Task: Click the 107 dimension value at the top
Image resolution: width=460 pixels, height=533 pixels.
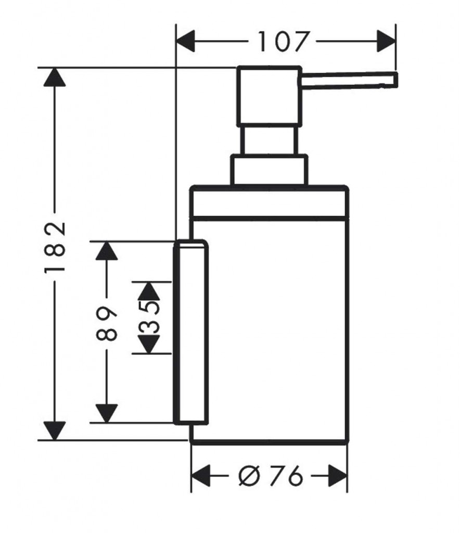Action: click(284, 42)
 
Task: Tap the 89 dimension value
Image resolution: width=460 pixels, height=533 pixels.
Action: click(106, 324)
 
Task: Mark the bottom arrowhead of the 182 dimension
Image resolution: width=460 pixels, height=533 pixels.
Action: click(55, 430)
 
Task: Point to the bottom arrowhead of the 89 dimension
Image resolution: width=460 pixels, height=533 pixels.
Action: click(106, 413)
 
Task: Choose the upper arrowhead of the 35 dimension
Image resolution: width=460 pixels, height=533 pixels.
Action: click(148, 290)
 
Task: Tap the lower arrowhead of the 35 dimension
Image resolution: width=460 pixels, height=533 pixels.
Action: click(148, 345)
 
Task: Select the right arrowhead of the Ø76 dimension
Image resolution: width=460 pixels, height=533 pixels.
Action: click(338, 475)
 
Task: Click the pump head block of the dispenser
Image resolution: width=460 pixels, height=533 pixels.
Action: click(269, 96)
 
